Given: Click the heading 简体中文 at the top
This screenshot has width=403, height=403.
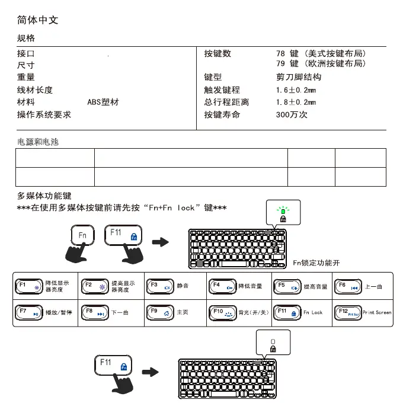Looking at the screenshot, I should tap(38, 20).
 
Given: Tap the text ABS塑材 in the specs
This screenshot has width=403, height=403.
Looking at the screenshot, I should tap(103, 102).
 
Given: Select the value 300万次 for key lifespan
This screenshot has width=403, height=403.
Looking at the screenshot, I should tap(292, 114).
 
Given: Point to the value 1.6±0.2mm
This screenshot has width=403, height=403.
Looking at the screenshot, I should tap(296, 90).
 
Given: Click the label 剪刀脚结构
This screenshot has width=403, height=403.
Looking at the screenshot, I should tap(299, 77).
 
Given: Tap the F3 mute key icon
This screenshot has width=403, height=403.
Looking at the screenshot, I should tap(160, 286).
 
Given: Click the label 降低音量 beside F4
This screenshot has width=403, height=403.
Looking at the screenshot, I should tap(250, 286).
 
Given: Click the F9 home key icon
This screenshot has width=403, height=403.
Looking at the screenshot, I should tap(160, 312).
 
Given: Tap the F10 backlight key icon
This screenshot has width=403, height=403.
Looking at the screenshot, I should tap(223, 312).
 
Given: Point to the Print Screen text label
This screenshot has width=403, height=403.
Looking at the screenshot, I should tap(376, 312).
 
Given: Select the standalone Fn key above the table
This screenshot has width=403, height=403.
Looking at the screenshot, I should tap(84, 235).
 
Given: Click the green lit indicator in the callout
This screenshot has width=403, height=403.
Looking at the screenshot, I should tap(283, 210).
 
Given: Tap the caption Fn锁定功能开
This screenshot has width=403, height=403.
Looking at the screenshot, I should tap(316, 263).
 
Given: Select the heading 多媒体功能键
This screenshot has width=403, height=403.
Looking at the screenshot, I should tap(44, 196).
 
